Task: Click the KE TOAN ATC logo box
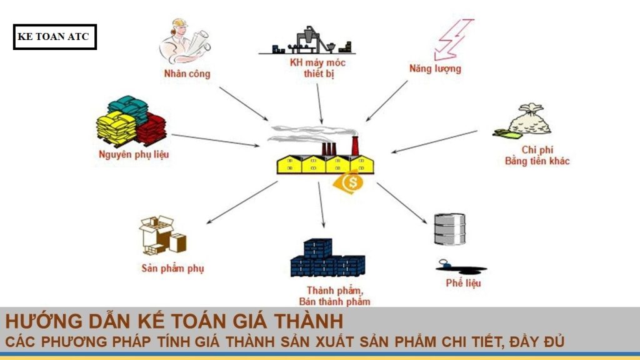click(x=54, y=37)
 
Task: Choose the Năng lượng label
click(x=435, y=69)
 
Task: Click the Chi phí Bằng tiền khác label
click(x=536, y=156)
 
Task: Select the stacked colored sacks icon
click(x=131, y=120)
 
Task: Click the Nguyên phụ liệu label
click(x=133, y=154)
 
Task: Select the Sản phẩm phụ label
click(x=172, y=269)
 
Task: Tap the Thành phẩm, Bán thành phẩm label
click(x=338, y=296)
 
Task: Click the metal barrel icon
click(x=449, y=230)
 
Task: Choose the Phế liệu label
click(x=463, y=283)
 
